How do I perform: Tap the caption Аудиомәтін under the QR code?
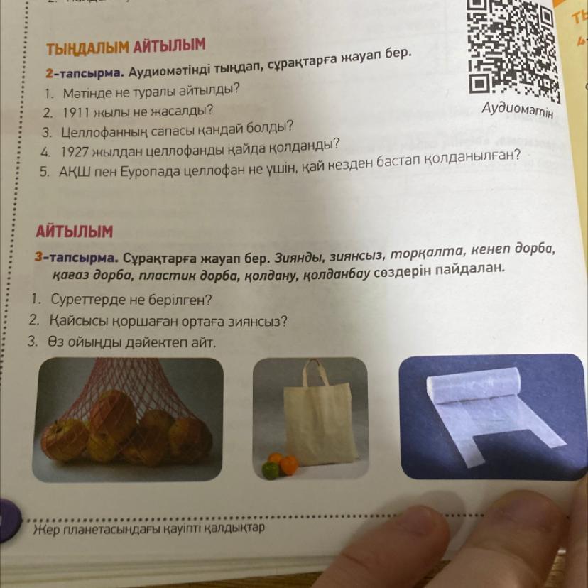pos(518,109)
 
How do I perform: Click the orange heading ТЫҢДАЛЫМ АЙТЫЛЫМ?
pos(126,46)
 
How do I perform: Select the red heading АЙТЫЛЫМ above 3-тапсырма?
pos(75,231)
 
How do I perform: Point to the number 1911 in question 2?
pos(76,112)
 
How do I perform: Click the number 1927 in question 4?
pos(75,152)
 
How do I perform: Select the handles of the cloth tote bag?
pos(315,374)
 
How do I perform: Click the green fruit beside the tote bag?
pos(271,471)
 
